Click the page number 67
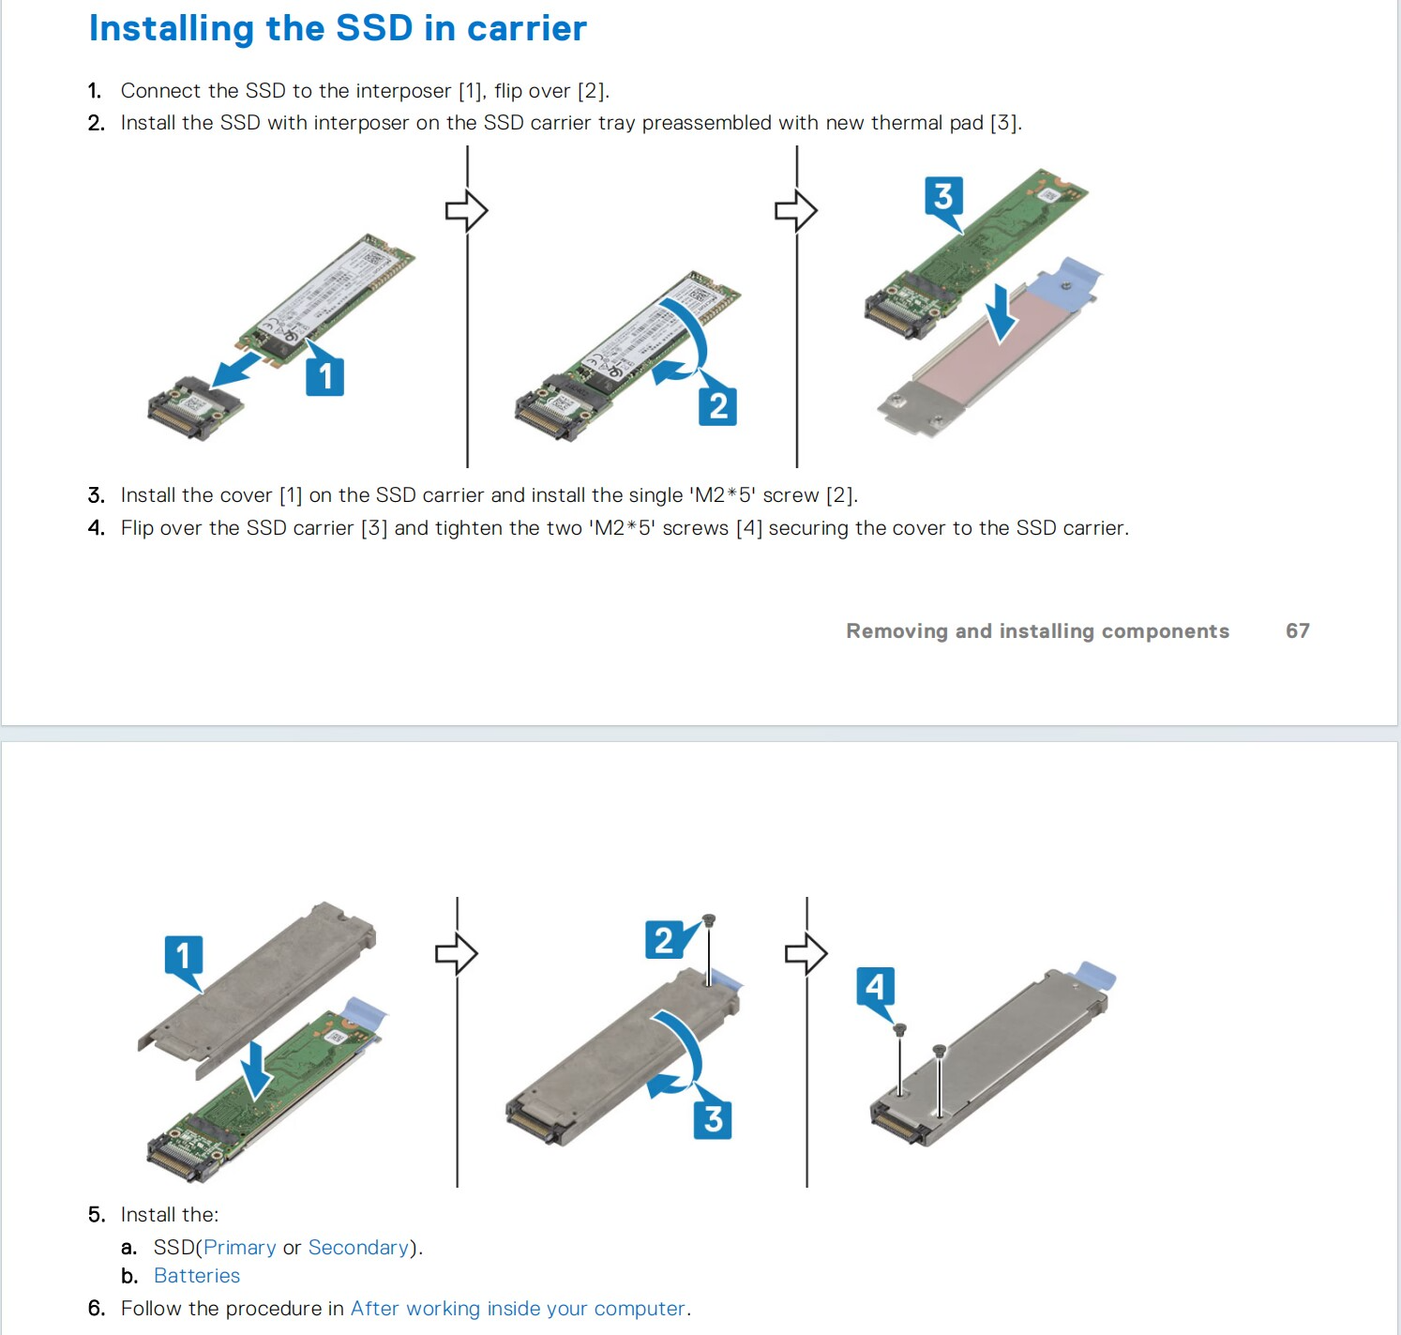[1297, 630]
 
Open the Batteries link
[197, 1275]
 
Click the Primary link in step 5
[239, 1247]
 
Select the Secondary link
[358, 1247]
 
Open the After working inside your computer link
[518, 1308]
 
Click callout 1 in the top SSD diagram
[325, 376]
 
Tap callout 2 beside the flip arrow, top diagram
[717, 406]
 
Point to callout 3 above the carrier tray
[943, 196]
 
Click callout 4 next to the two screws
[875, 987]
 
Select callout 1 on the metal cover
[184, 956]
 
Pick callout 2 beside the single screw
[664, 940]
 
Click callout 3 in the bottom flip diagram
[713, 1119]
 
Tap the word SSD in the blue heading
[374, 28]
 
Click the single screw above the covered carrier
[708, 920]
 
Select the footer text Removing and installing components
[1037, 631]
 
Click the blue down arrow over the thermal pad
[1002, 313]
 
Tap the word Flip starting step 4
[137, 528]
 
